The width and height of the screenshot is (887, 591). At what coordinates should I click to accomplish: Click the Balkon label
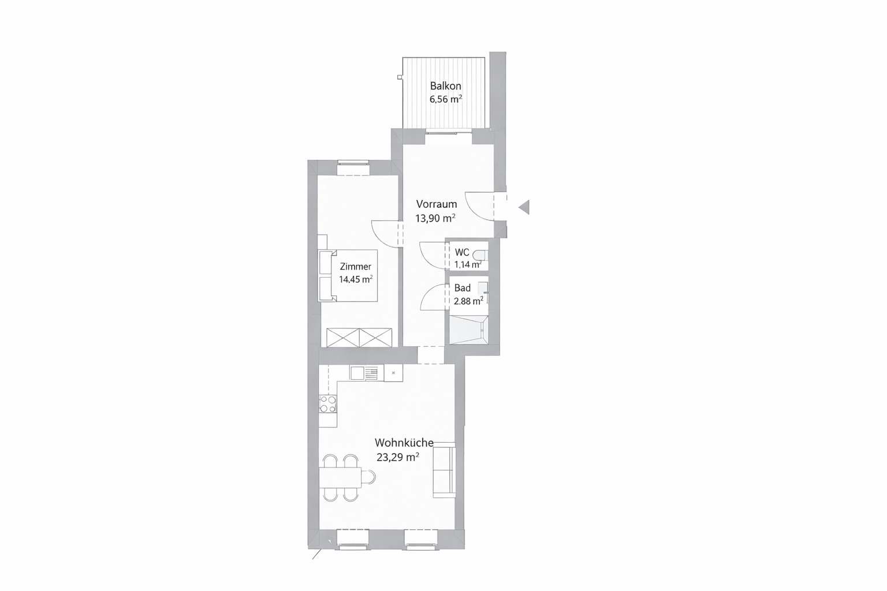pos(445,86)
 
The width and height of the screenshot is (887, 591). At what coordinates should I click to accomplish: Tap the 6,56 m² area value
pos(446,99)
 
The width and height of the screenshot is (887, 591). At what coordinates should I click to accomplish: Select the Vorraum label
pos(437,204)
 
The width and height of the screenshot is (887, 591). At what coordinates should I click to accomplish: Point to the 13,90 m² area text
pos(435,218)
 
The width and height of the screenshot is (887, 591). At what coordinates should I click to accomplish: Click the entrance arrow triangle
pos(525,207)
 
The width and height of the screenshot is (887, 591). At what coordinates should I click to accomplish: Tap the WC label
pos(462,252)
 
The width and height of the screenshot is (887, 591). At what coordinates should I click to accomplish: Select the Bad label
pos(463,288)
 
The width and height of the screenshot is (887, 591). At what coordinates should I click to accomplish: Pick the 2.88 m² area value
pos(468,301)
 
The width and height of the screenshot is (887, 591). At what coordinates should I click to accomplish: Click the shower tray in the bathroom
pos(469,330)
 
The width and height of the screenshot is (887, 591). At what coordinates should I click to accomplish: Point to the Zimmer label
pos(356,267)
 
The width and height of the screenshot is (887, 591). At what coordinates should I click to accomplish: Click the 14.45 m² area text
pos(356,279)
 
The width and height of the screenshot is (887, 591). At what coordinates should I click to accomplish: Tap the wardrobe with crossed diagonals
pos(359,338)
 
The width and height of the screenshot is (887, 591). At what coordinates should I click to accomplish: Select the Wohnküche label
pos(404,443)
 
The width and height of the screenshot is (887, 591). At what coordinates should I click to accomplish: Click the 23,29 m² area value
pos(398,458)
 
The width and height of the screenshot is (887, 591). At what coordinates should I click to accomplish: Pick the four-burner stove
pos(328,404)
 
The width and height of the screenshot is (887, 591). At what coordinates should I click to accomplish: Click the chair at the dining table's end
pos(368,477)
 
